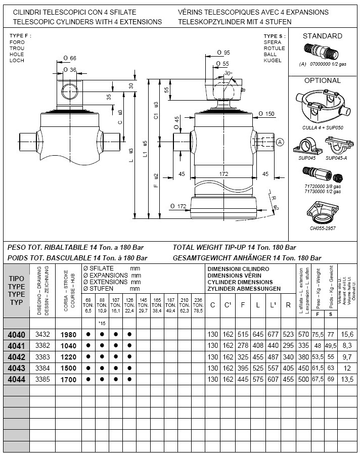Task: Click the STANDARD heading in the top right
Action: (322, 36)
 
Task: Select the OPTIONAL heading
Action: (322, 80)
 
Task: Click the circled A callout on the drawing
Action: (280, 143)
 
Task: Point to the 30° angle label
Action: (229, 73)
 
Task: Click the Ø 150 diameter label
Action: (266, 114)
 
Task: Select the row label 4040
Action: (16, 335)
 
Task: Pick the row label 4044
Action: (16, 379)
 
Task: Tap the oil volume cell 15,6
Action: (347, 335)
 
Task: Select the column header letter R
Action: (288, 305)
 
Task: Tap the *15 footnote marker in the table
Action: (102, 323)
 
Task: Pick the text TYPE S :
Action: (275, 36)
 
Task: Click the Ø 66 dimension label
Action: (69, 59)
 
